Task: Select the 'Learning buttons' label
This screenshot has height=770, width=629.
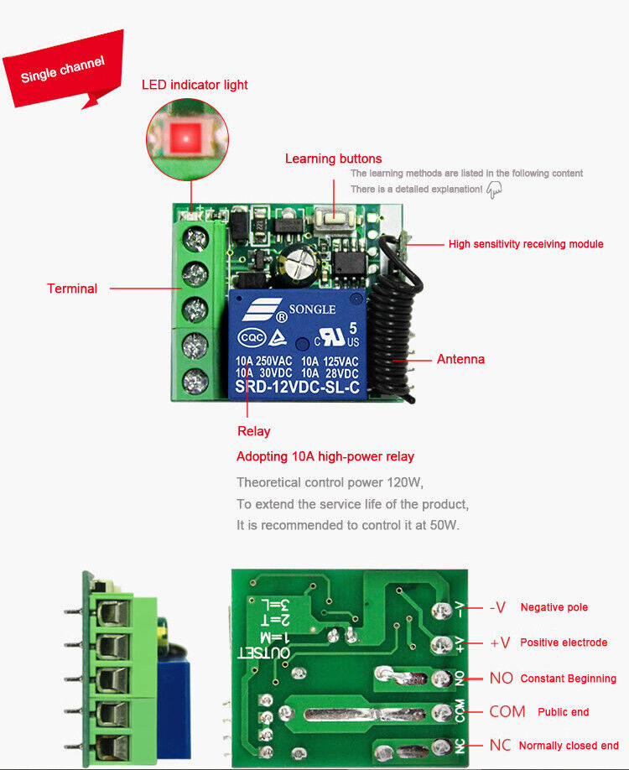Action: [333, 159]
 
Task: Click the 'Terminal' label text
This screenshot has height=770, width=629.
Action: [72, 289]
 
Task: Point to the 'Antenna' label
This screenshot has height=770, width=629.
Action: [460, 359]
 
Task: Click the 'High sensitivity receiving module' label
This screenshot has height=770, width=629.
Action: [526, 244]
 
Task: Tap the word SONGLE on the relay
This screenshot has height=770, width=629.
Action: [312, 310]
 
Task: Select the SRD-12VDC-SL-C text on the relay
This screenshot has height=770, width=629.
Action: [297, 387]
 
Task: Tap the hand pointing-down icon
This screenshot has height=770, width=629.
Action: [494, 190]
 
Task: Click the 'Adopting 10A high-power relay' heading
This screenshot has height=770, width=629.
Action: [325, 457]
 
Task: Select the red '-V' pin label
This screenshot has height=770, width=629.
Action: [497, 607]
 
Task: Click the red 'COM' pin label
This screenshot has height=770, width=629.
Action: [507, 712]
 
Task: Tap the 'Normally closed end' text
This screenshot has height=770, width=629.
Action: [569, 746]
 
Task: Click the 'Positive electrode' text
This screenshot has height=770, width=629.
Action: [564, 643]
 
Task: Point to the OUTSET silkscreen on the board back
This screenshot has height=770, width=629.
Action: [265, 653]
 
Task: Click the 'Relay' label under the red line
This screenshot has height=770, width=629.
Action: [253, 431]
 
